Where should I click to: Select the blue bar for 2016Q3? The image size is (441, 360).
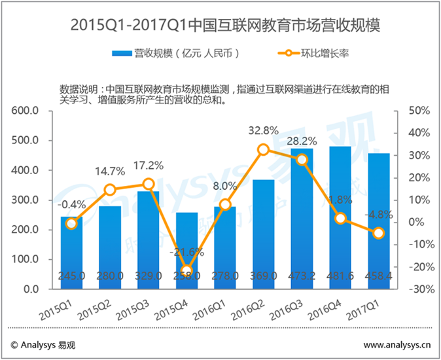pyautogui.click(x=302, y=223)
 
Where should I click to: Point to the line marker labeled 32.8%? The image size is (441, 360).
pyautogui.click(x=264, y=149)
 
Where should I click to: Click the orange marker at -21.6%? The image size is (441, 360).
pyautogui.click(x=187, y=270)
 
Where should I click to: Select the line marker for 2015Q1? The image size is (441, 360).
pyautogui.click(x=72, y=223)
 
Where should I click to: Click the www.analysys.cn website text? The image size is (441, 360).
pyautogui.click(x=397, y=344)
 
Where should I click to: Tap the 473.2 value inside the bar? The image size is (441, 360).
pyautogui.click(x=302, y=278)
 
